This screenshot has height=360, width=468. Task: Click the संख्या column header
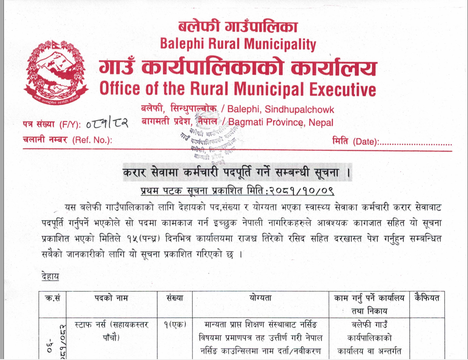175,298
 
